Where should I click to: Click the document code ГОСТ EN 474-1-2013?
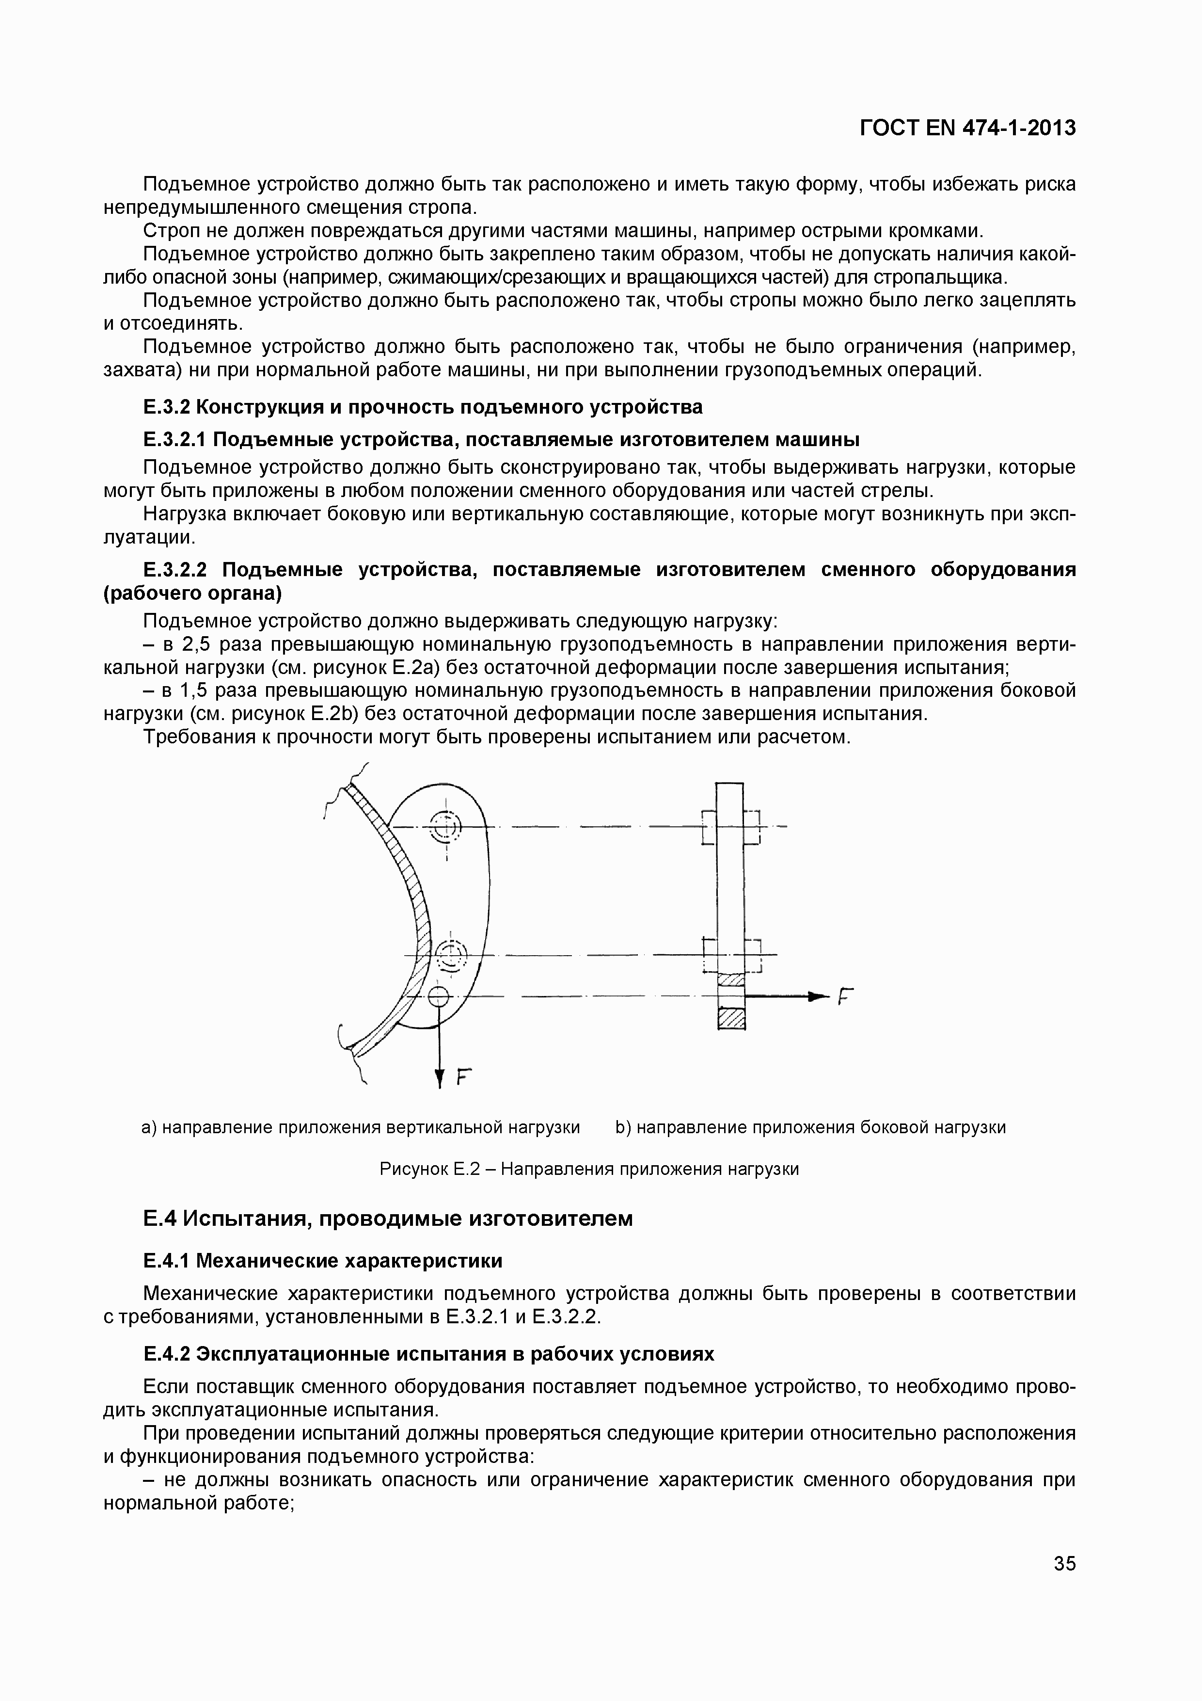coord(967,128)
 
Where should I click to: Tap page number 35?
coord(1064,1564)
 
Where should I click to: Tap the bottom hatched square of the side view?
coord(731,1019)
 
